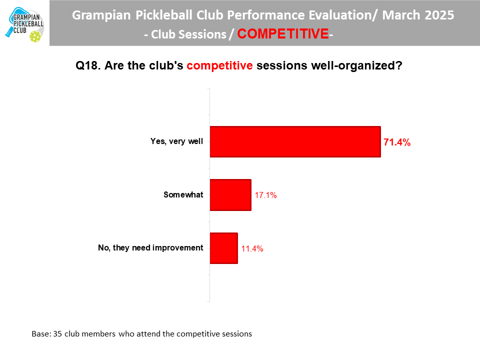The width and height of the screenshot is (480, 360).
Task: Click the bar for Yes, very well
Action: coord(295,141)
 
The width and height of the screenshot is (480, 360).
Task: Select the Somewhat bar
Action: coord(230,195)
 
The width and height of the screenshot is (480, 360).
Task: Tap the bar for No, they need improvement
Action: coord(224,248)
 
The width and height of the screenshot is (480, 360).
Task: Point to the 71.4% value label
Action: coord(396,142)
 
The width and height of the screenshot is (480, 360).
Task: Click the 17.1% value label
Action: coord(265,195)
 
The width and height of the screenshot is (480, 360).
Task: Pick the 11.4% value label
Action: coord(252,248)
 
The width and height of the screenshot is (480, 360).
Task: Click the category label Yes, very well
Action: coord(176,141)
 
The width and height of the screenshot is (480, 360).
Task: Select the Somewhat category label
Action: coord(183,194)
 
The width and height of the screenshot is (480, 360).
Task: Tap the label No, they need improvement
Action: coord(150,247)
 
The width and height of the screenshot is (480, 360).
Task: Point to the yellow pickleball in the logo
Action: coord(35,36)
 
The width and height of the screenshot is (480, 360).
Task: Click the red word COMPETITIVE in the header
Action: coord(283,33)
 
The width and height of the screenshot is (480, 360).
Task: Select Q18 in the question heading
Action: coord(87,66)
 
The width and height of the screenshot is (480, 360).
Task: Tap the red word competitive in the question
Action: coord(219,66)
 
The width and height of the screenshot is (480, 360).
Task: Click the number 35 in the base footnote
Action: coord(57,333)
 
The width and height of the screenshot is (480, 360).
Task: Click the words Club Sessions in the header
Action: coord(188,34)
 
